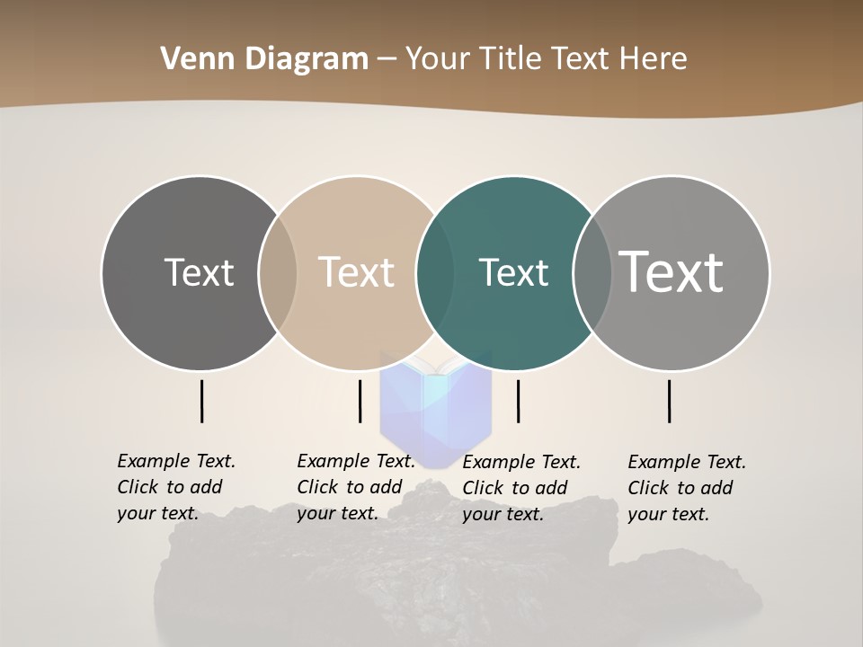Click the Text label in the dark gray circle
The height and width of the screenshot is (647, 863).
tap(199, 272)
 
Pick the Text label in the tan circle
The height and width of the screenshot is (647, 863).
tap(356, 272)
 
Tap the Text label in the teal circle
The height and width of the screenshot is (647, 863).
tap(513, 272)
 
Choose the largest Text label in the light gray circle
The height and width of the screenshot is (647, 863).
tap(672, 272)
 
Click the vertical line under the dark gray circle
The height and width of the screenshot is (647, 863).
tap(201, 401)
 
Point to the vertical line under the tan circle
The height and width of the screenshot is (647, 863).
tap(360, 401)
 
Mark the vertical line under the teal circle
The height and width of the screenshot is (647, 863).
tap(518, 401)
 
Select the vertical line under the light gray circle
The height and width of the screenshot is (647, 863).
tap(669, 401)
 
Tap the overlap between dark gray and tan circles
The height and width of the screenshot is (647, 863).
tap(278, 272)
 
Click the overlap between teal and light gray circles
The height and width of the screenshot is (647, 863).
tap(592, 272)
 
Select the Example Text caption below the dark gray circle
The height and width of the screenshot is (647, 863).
tap(175, 487)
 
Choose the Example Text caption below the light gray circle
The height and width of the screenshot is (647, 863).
tap(686, 488)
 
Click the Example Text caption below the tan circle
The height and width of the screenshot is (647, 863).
tap(355, 487)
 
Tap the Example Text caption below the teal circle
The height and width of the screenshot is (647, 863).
tap(520, 488)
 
